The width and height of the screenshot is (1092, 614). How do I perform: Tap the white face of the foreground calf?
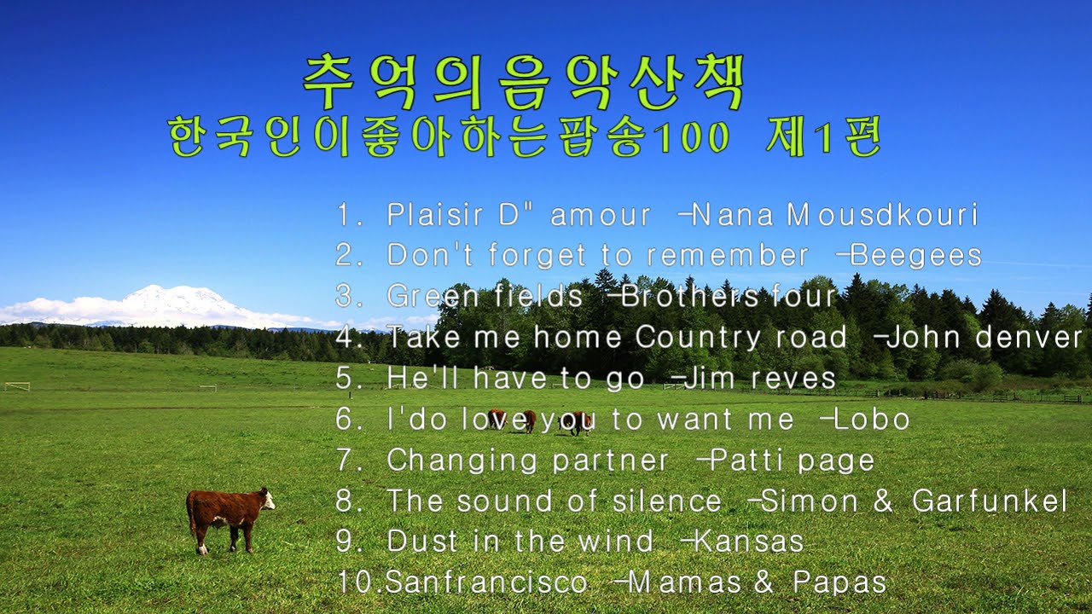tap(267, 500)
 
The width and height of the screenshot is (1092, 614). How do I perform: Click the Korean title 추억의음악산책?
tap(524, 84)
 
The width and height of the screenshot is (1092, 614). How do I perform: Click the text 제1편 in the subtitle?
tap(822, 137)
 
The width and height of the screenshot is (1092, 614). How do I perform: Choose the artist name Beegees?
tap(916, 255)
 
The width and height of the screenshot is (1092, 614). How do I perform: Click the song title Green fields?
tap(485, 296)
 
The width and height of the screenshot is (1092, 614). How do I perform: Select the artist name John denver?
tap(985, 338)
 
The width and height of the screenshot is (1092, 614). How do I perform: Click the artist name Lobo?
tap(871, 419)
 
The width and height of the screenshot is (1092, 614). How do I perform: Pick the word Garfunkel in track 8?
tap(990, 501)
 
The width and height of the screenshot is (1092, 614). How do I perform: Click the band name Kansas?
tap(749, 542)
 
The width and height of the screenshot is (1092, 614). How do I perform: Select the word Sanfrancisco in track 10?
tap(486, 582)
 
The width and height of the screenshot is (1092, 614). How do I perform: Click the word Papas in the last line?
tap(839, 582)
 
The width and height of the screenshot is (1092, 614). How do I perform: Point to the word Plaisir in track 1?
tap(440, 215)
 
